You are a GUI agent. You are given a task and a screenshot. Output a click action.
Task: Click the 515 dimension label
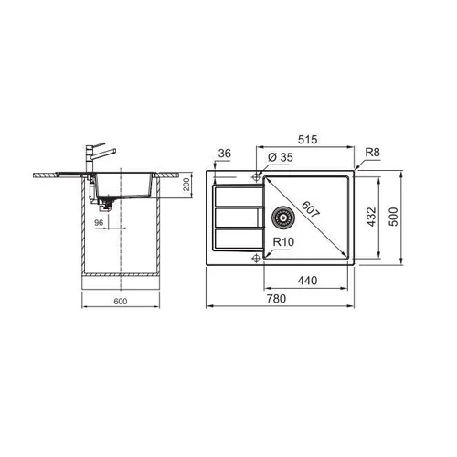[307, 140]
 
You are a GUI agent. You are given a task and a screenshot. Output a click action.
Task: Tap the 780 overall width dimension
[276, 299]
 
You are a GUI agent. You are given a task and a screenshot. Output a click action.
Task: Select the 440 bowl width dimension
[307, 281]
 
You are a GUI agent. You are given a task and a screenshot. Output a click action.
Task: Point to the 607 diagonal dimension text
[311, 209]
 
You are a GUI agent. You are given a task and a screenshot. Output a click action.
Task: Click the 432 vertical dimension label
[371, 217]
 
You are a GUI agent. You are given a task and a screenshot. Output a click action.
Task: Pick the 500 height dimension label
[393, 217]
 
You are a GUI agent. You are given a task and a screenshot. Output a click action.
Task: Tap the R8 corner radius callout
[373, 152]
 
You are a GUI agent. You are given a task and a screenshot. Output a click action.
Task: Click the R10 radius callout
[283, 242]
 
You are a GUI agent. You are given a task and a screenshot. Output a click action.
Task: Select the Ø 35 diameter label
[281, 157]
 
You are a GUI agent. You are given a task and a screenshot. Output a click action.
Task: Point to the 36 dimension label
[225, 154]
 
